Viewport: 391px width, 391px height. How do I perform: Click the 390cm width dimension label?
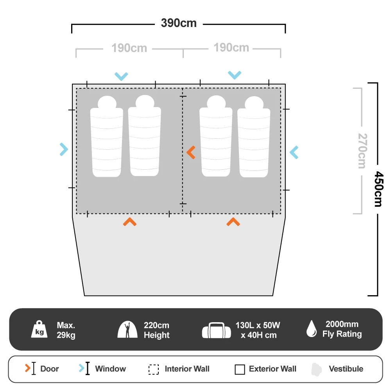tap(179, 23)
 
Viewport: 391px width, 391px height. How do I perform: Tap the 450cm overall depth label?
tap(378, 189)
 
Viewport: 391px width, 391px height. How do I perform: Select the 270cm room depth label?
tap(363, 151)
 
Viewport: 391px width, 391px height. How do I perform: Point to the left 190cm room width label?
tap(129, 48)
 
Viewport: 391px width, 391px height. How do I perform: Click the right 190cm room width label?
tap(231, 48)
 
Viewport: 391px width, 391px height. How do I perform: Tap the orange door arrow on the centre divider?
tap(191, 152)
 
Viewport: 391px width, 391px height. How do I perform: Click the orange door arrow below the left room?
tap(129, 222)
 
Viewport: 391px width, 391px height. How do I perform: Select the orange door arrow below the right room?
tap(233, 222)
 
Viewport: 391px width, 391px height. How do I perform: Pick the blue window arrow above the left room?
tap(121, 76)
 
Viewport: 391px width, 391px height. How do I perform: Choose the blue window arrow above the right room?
tap(235, 75)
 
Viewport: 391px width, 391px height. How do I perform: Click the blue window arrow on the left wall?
tap(64, 149)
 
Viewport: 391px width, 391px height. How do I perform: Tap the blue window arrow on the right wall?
tap(294, 152)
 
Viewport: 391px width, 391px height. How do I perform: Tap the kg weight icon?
tap(39, 330)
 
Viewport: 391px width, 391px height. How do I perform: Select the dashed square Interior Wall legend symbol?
tap(154, 369)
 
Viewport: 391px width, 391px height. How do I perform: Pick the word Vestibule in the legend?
tap(346, 369)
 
